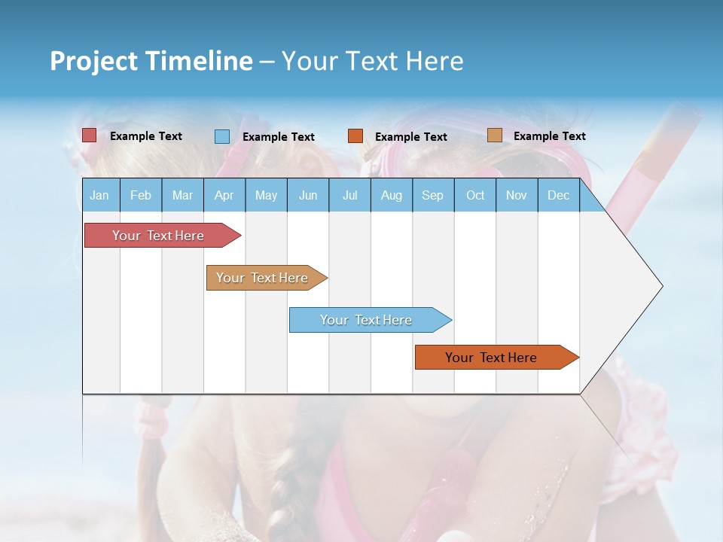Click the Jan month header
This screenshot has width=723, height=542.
99,196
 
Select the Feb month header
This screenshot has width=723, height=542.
141,196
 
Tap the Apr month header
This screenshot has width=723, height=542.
224,196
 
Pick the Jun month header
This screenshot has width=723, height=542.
308,196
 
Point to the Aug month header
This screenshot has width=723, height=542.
391,196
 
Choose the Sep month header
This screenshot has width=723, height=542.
432,196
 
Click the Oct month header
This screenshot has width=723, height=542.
475,196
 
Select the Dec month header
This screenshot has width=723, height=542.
558,196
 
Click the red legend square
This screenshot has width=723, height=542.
90,135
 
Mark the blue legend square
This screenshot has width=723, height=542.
222,136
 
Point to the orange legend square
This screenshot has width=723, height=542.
355,136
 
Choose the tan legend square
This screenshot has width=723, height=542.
494,135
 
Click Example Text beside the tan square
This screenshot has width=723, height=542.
549,136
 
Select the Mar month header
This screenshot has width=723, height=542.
182,196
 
